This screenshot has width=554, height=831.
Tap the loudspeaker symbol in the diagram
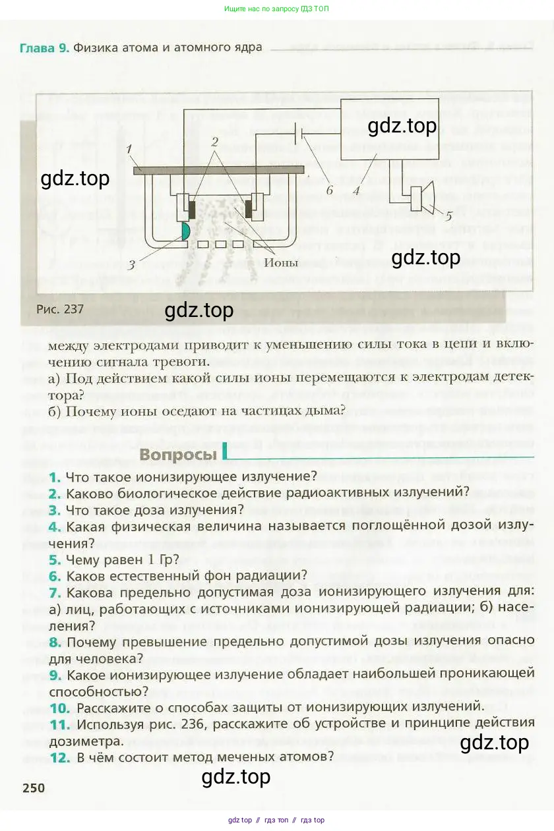(x=423, y=197)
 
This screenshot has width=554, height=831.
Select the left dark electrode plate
(x=193, y=210)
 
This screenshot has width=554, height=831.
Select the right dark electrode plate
(x=249, y=209)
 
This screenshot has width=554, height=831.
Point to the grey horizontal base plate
(x=218, y=170)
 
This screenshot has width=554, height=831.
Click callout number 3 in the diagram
(x=131, y=266)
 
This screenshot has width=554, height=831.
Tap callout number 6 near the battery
(x=329, y=190)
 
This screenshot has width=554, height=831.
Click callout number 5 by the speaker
(x=448, y=216)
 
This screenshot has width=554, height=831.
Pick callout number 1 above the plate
(x=129, y=149)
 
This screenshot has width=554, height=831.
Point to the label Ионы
(x=281, y=263)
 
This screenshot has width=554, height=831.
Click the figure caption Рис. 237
(x=60, y=309)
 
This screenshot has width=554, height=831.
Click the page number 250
(x=34, y=788)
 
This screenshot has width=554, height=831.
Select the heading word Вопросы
(x=178, y=455)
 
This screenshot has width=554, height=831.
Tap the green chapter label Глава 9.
(x=44, y=48)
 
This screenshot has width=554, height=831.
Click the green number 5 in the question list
(x=55, y=560)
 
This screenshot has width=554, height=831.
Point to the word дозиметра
(x=86, y=741)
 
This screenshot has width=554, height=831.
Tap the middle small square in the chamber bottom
(x=220, y=244)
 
